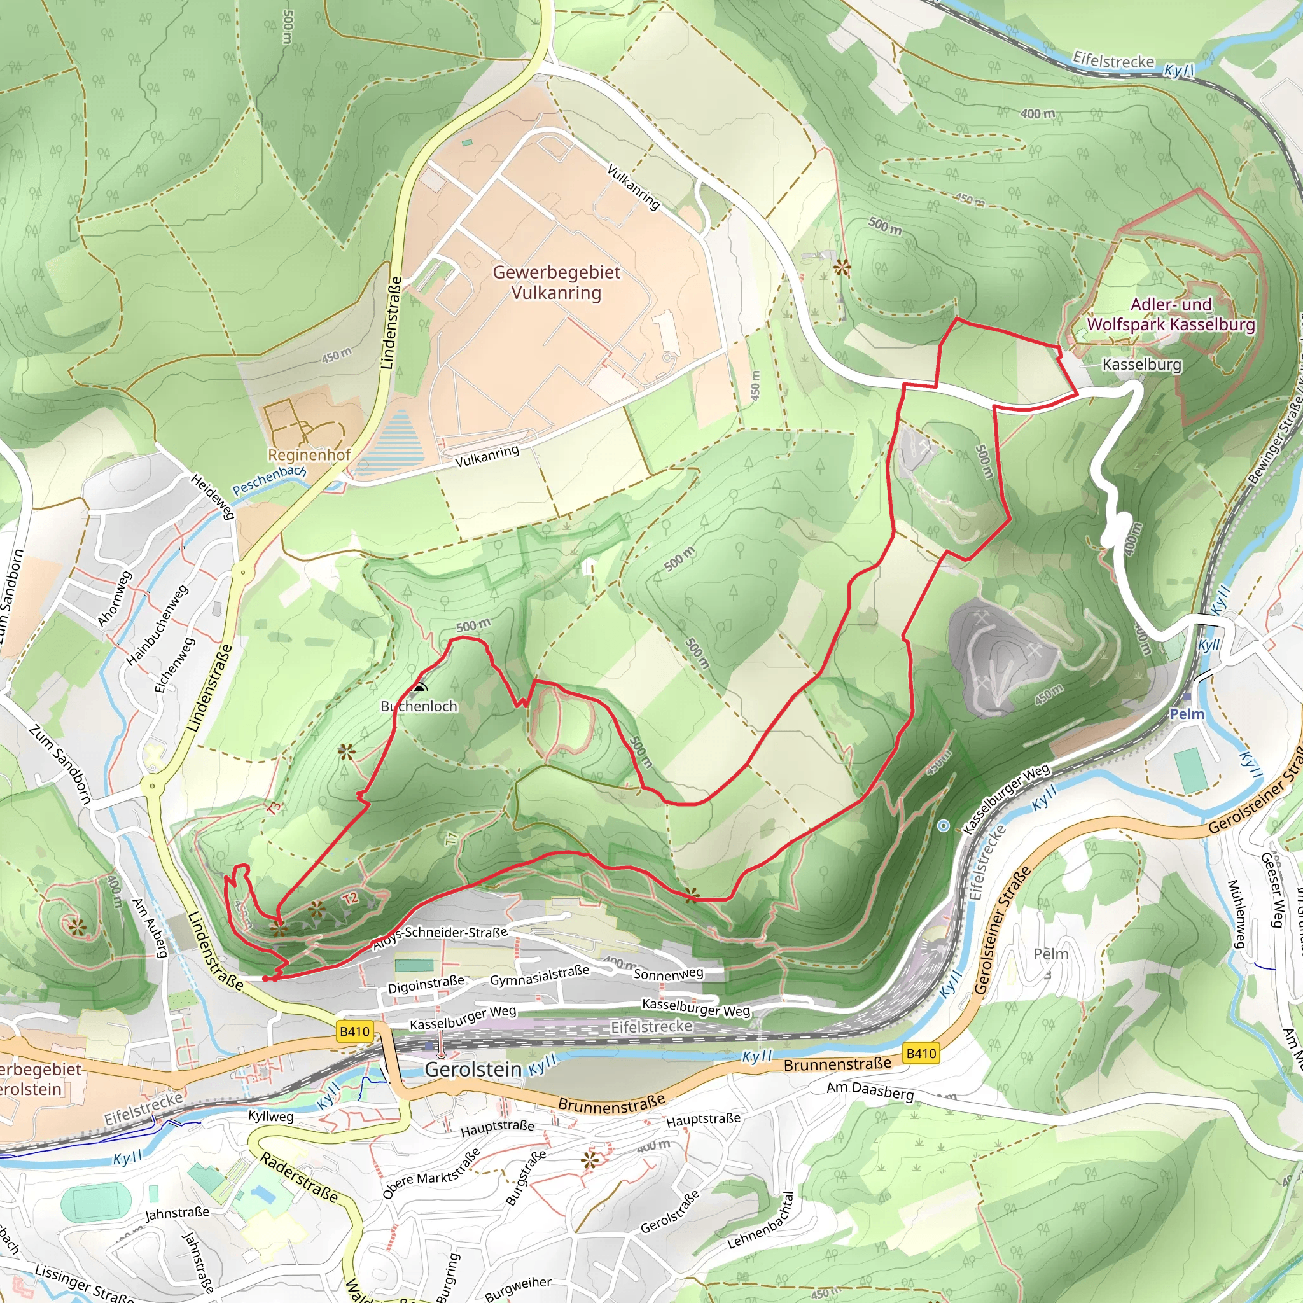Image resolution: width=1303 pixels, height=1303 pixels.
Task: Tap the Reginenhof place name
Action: coord(310,454)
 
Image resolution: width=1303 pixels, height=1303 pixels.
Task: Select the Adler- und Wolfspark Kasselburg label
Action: coord(1171,314)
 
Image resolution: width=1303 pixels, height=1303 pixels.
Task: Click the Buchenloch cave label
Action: coord(419,706)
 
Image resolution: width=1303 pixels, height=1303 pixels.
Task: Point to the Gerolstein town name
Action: coord(473,1069)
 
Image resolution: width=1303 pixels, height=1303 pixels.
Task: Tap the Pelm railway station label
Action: coord(1187,714)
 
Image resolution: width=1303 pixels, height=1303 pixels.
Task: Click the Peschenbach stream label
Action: coord(268,480)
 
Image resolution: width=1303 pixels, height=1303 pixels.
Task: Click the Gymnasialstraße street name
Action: coord(540,975)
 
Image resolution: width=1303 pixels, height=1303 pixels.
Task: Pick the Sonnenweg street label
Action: coord(669,974)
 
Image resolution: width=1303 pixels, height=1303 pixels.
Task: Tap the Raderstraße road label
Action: coord(299,1177)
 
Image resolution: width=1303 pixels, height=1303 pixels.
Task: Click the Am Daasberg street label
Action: coord(870,1090)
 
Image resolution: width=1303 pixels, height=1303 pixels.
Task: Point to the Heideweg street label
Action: coord(213,496)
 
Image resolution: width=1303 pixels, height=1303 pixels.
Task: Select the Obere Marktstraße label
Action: coord(431,1173)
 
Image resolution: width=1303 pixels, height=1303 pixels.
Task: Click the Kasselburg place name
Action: coord(1142,365)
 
